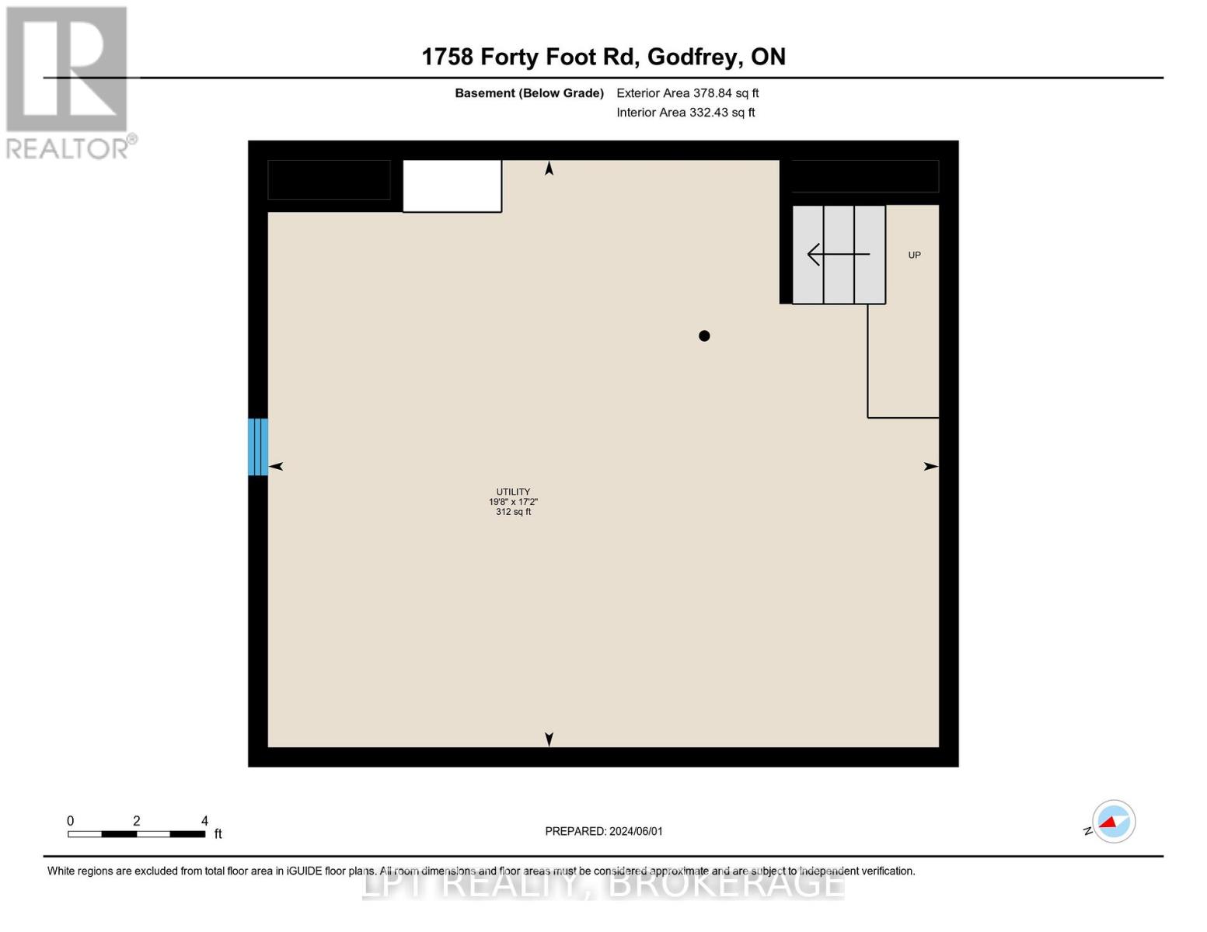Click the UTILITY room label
tap(513, 492)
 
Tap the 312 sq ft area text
tap(513, 512)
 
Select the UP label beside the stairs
tap(914, 255)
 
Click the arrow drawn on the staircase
tap(838, 254)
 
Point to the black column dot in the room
tap(704, 336)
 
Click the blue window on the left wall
tap(258, 447)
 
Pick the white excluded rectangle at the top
tap(452, 186)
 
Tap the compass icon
tap(1113, 821)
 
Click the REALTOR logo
tap(68, 82)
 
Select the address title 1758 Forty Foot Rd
tap(603, 57)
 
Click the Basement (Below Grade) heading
tap(528, 93)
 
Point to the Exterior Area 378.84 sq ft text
tap(687, 93)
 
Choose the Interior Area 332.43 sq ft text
tap(685, 113)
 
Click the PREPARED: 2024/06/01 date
tap(604, 831)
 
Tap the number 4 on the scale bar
tap(204, 821)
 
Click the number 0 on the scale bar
tap(70, 821)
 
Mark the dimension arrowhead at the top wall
tap(549, 169)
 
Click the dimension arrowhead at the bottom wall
tap(549, 739)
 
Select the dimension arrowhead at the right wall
tap(930, 466)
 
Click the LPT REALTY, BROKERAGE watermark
tap(603, 885)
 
